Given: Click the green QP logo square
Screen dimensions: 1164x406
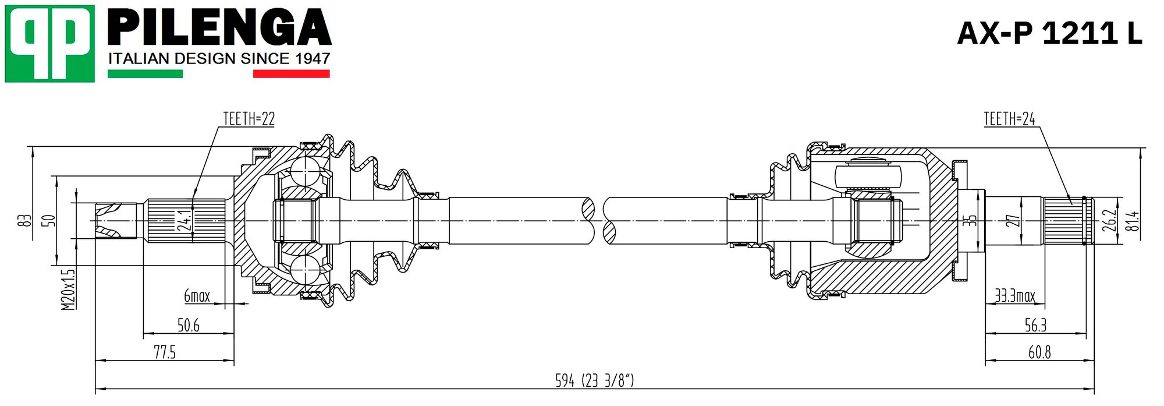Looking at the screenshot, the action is (49, 44).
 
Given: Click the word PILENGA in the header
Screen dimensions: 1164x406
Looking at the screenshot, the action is (219, 27).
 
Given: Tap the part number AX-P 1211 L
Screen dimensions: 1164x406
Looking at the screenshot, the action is (1050, 33).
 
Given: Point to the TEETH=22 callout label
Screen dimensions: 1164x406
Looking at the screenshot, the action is (249, 119).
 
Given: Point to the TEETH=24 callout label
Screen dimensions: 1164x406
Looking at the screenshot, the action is (1009, 119).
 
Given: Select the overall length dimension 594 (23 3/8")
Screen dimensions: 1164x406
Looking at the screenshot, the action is (594, 380).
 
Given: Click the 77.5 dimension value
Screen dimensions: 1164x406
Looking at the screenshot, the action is (165, 352).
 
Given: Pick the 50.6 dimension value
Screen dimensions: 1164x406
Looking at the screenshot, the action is (189, 325).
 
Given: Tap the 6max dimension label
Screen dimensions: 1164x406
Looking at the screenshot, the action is (197, 296).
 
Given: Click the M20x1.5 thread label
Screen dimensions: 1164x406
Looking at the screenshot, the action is (69, 289).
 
